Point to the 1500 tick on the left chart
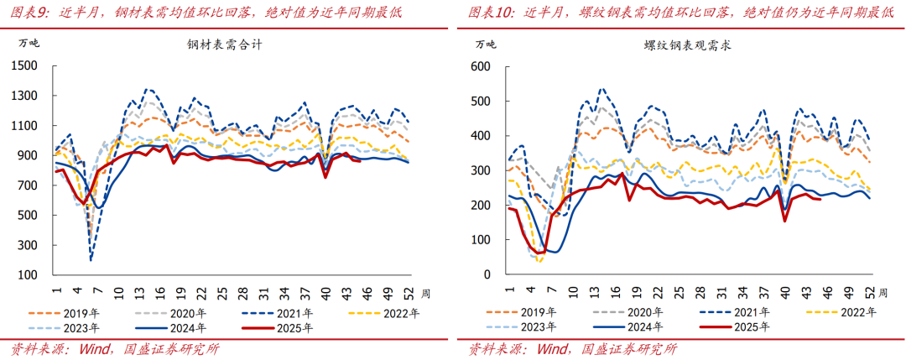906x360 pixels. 26,66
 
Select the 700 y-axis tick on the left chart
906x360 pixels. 29,185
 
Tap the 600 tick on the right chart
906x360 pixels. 480,66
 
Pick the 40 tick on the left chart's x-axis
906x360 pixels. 326,293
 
